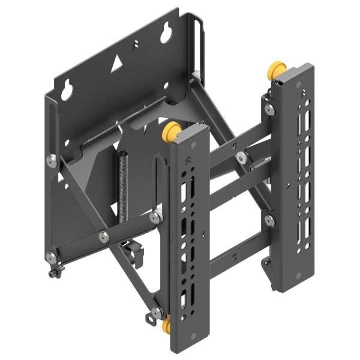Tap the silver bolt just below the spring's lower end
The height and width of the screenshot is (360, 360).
click(155, 217)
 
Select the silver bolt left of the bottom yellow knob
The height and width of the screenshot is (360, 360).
click(155, 312)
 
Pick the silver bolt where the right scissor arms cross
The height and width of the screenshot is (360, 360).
click(241, 158)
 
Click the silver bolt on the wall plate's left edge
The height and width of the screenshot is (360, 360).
click(51, 160)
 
